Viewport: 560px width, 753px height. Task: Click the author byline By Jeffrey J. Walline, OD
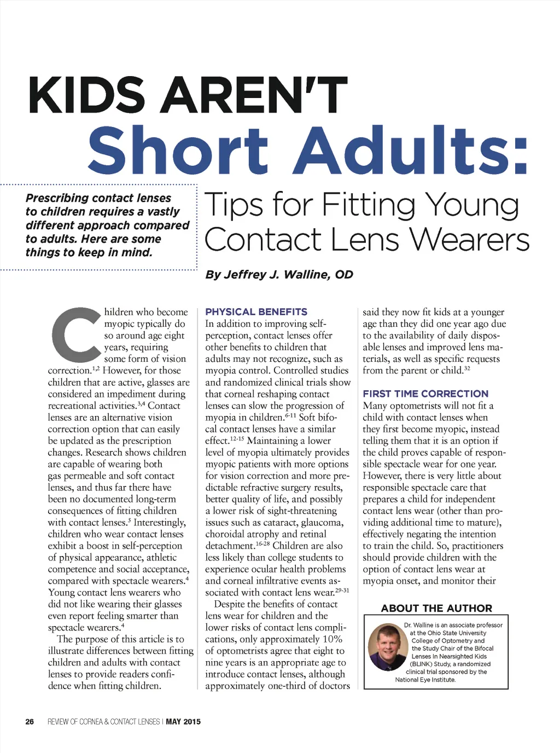click(279, 274)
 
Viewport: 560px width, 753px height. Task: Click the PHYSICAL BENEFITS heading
click(256, 312)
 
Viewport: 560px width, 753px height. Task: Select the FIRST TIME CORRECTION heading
click(425, 393)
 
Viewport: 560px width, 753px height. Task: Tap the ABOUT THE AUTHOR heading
click(436, 608)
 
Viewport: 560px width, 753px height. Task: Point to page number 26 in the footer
click(30, 722)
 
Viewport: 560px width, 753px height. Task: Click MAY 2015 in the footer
click(183, 722)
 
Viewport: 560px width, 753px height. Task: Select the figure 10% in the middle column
click(332, 639)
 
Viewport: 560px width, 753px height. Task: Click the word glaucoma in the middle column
click(323, 523)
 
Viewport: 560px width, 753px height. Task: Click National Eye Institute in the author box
click(425, 680)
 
